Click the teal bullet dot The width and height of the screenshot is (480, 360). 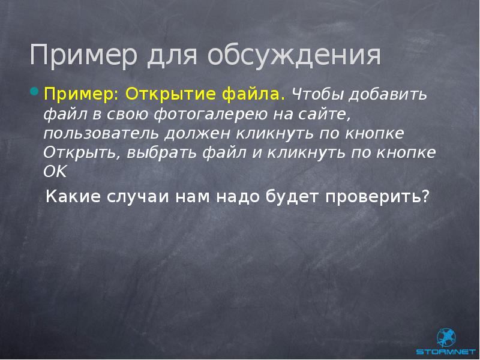click(x=34, y=92)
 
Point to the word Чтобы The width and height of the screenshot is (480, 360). click(x=314, y=95)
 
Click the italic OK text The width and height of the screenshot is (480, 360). click(x=56, y=171)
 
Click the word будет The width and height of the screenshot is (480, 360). click(x=292, y=196)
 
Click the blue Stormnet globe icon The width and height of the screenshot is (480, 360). click(x=447, y=336)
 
